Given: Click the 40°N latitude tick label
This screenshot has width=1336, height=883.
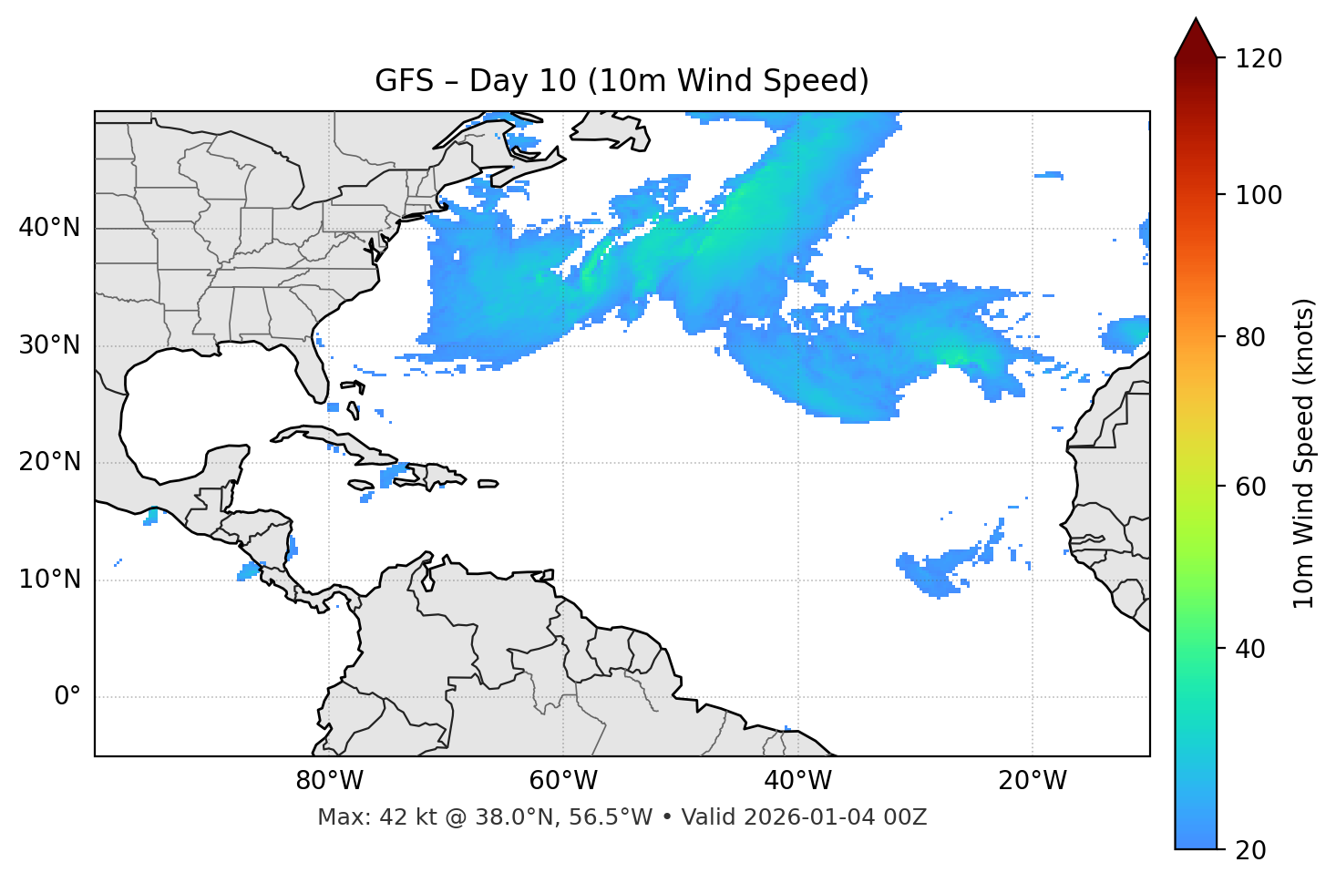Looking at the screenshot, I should point(49,228).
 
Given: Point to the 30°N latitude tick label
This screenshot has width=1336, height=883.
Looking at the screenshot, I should point(49,345).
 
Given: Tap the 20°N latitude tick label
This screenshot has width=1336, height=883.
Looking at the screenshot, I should point(49,462).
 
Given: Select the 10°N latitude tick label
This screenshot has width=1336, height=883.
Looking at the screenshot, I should point(49,580).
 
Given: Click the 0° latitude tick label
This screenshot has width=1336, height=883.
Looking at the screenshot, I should point(67,697).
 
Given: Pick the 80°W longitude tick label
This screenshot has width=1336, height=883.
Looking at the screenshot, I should point(329,781).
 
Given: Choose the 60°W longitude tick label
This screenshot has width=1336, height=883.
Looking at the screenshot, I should point(563,781).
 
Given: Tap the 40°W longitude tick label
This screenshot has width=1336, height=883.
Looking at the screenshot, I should point(797,781).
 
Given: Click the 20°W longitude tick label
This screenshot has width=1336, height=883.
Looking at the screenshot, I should point(1033,781).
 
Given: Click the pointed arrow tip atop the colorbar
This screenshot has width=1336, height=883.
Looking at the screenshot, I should point(1196,19).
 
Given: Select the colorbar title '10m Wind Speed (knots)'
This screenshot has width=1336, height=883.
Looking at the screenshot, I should point(1304,453).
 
